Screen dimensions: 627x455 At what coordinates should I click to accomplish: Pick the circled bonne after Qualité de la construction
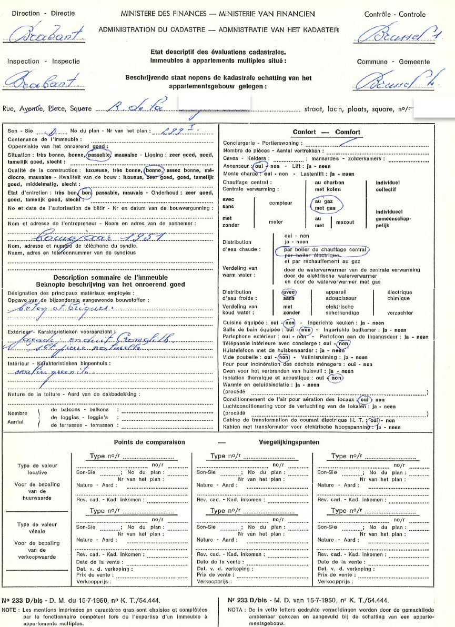point(154,170)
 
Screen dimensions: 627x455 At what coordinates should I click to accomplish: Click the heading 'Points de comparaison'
point(149,442)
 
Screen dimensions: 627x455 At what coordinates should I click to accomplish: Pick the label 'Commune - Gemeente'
point(393,62)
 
